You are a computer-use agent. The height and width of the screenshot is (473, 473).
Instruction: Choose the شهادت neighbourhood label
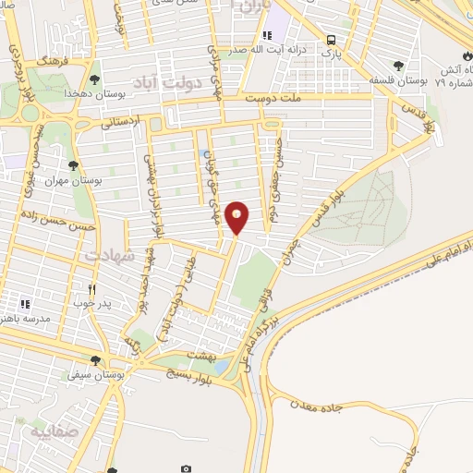(110, 252)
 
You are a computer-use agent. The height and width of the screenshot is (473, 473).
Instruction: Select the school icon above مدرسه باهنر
(26, 302)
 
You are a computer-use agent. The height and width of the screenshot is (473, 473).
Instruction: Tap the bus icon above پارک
(331, 40)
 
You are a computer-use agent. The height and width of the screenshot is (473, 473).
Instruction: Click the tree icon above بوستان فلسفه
(398, 65)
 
